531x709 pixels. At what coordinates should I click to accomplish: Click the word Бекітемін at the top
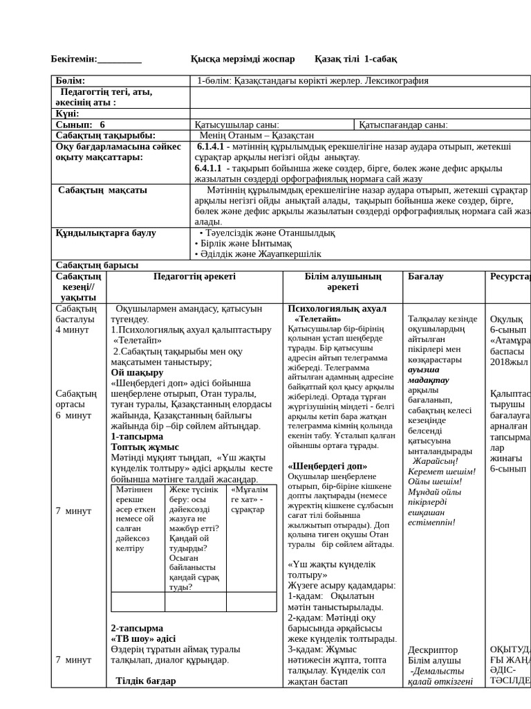74,59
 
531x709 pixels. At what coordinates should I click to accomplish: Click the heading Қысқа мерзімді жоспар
242,59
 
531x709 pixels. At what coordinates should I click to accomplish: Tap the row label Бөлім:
71,81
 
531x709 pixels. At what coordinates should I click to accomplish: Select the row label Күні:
67,114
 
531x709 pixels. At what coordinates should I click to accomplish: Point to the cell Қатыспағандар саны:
403,125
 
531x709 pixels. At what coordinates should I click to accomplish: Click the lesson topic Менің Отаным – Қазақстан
256,136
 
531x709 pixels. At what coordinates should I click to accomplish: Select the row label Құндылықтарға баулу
106,233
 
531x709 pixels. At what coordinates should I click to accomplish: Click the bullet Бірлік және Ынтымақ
245,244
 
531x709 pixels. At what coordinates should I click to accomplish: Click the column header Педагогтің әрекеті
194,276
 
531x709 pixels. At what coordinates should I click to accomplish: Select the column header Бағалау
426,276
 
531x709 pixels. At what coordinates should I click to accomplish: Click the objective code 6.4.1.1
208,168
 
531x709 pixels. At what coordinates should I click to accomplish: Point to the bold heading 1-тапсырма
137,437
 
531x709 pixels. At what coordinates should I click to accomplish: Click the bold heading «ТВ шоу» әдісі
143,638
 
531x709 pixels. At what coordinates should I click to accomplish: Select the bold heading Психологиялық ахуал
337,308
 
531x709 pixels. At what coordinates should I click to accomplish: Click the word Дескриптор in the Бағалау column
433,649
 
